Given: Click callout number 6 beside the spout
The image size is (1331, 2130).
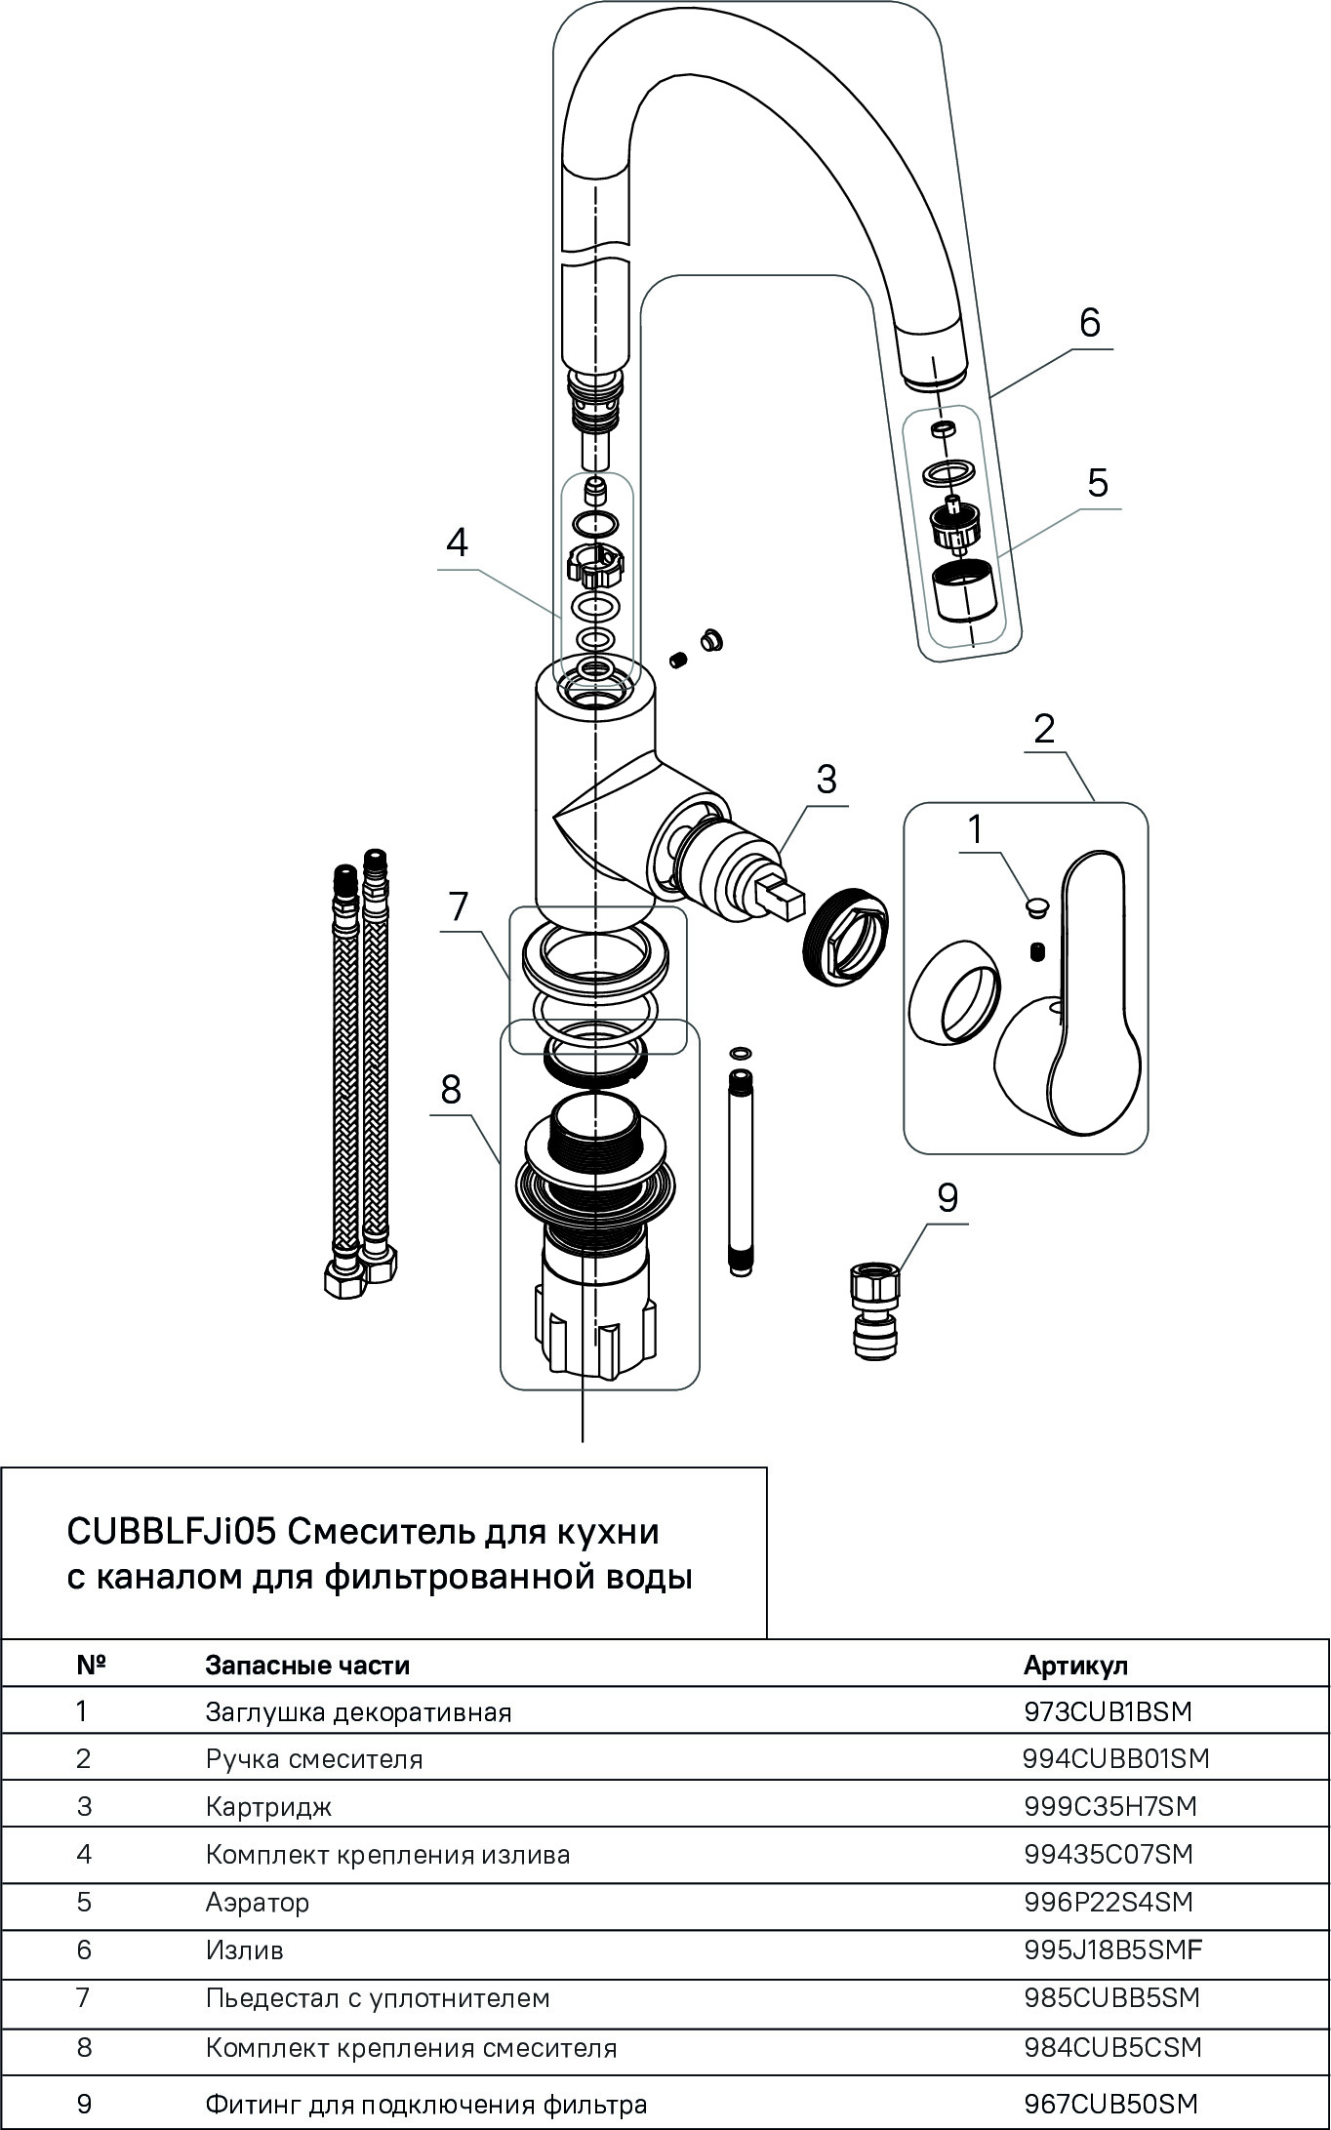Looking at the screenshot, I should [x=1089, y=322].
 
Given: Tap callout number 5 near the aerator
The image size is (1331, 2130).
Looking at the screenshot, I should [x=1098, y=483].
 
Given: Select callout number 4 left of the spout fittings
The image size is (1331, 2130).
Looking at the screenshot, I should [x=457, y=543].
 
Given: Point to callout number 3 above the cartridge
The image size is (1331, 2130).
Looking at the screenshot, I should [x=827, y=780].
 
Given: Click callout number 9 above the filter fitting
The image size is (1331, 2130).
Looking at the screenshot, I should [x=948, y=1198].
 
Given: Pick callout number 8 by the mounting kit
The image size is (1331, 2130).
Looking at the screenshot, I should [x=450, y=1089].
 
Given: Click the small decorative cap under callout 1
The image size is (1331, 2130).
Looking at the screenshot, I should [x=1036, y=908].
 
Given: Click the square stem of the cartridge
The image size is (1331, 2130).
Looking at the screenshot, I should [x=782, y=896].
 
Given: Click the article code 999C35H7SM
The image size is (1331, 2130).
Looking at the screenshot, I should [x=1110, y=1806].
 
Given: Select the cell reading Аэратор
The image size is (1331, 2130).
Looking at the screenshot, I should [x=258, y=1902].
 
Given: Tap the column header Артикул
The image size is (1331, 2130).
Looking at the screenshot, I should [x=1075, y=1666].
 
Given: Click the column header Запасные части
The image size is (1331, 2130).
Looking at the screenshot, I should [x=307, y=1666].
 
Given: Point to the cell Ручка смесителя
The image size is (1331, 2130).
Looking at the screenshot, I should [x=314, y=1759].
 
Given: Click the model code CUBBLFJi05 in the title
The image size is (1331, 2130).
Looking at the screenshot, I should [x=172, y=1532].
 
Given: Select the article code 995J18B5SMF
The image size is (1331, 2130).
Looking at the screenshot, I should [x=1113, y=1950].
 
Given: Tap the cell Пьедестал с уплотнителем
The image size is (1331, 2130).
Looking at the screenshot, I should [x=378, y=1998].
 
